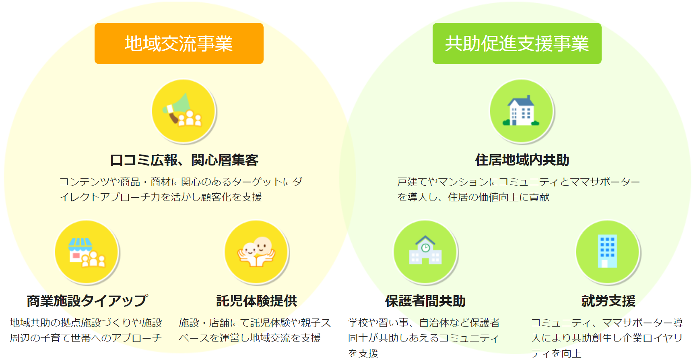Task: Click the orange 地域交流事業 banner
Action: pyautogui.click(x=179, y=43)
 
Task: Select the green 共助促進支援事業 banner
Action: pyautogui.click(x=517, y=43)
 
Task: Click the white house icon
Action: pyautogui.click(x=522, y=111)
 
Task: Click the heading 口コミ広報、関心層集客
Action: pyautogui.click(x=184, y=160)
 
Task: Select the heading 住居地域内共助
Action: pyautogui.click(x=522, y=160)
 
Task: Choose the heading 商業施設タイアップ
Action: pyautogui.click(x=87, y=301)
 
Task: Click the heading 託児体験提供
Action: pyautogui.click(x=257, y=301)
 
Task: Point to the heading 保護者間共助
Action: pyautogui.click(x=425, y=301)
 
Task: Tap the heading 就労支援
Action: pyautogui.click(x=608, y=301)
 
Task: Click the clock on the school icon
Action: pyautogui.click(x=425, y=248)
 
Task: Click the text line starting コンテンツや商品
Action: pyautogui.click(x=181, y=182)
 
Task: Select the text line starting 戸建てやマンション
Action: pyautogui.click(x=518, y=182)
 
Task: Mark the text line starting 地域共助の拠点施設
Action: pyautogui.click(x=86, y=323)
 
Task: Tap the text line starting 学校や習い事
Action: pyautogui.click(x=424, y=323)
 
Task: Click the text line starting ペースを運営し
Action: pyautogui.click(x=250, y=338)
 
